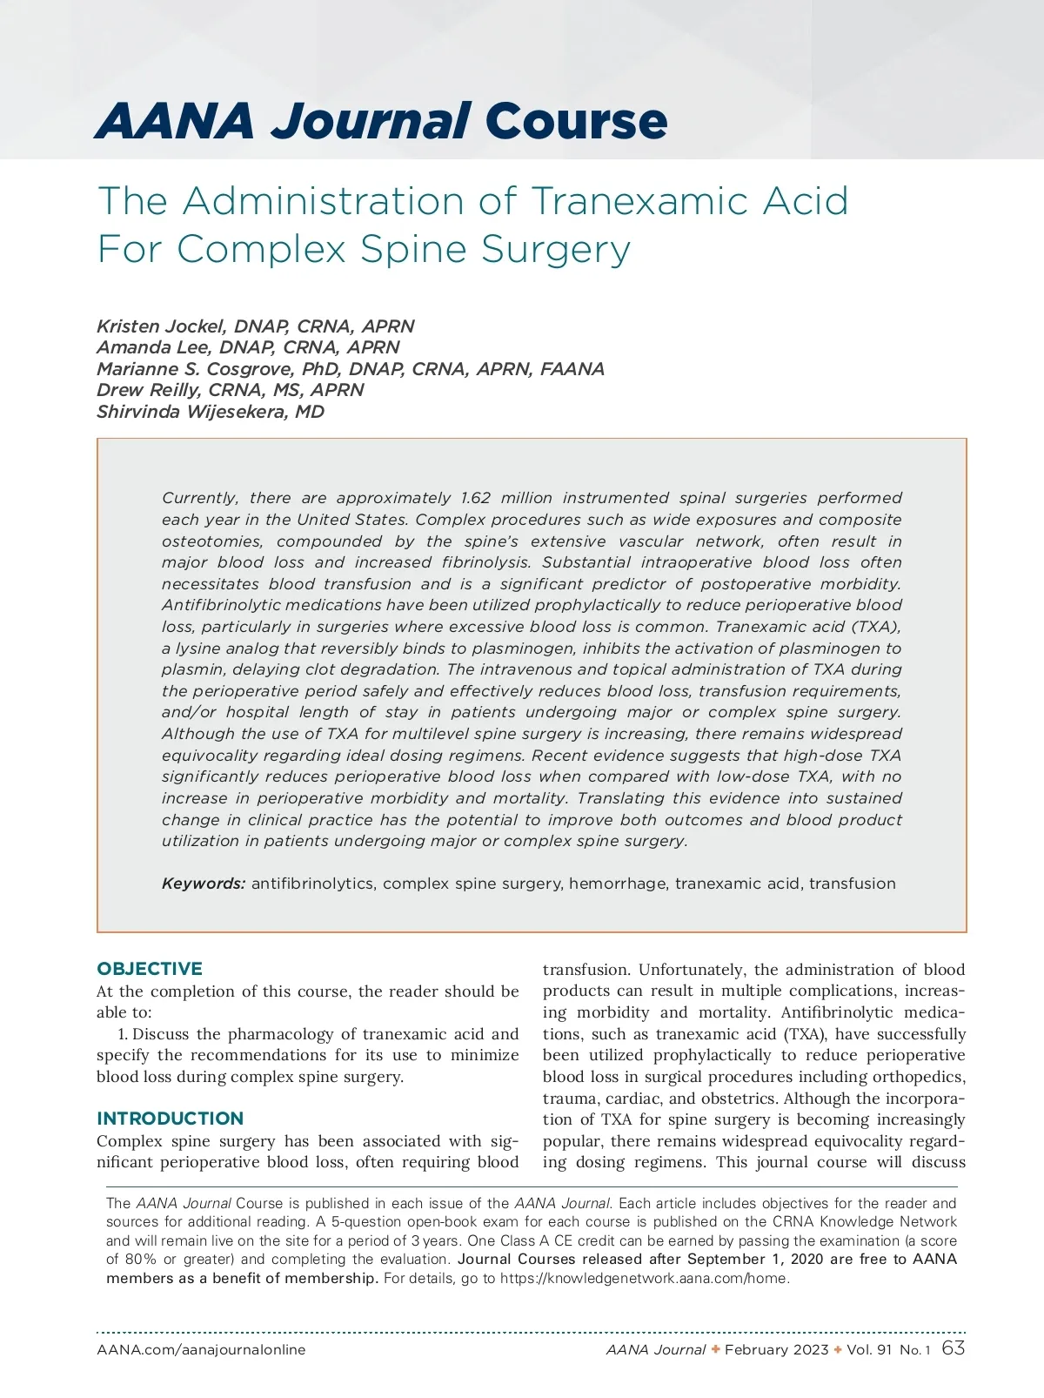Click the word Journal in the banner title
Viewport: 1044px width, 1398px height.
[x=371, y=121]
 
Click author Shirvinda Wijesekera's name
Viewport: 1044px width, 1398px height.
[x=210, y=412]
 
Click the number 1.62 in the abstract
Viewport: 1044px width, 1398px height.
[x=475, y=498]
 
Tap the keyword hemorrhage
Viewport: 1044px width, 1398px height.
[x=617, y=884]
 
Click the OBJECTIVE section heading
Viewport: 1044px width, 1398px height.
[x=150, y=969]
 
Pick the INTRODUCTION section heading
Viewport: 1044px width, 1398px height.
[x=171, y=1119]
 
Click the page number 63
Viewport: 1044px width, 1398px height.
[x=954, y=1348]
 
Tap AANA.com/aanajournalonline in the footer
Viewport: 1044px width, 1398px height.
[x=201, y=1350]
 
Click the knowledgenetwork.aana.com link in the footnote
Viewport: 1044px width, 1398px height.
[x=644, y=1279]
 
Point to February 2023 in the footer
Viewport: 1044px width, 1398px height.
[x=776, y=1350]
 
